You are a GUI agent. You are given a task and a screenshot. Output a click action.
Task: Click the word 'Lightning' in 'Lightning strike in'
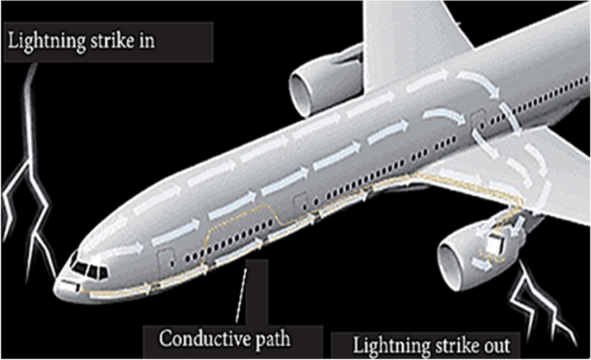point(47,41)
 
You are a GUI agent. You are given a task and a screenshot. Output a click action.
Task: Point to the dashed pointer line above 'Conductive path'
point(244,294)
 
